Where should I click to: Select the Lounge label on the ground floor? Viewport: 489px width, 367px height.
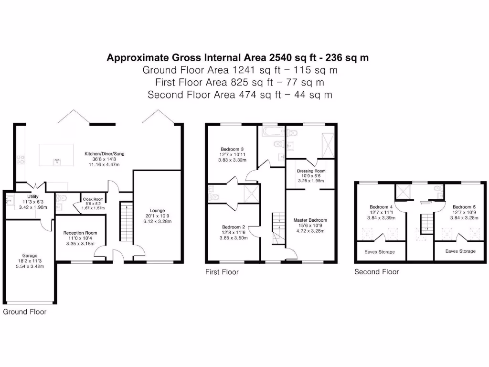[x=157, y=210]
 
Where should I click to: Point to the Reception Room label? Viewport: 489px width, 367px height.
[x=80, y=233]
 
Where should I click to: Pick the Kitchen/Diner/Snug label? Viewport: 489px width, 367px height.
[x=105, y=153]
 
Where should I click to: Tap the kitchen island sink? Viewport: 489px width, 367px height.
[x=57, y=161]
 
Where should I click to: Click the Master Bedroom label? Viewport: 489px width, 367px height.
[x=310, y=220]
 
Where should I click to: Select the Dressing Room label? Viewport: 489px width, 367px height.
[x=311, y=171]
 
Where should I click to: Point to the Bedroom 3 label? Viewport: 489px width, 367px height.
[x=233, y=149]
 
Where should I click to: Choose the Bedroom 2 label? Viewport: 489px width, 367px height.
[x=233, y=227]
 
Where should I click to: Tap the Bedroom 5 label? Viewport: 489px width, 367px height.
[x=461, y=207]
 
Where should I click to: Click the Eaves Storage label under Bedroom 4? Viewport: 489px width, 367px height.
[x=380, y=251]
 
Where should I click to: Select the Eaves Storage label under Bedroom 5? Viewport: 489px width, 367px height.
[x=460, y=251]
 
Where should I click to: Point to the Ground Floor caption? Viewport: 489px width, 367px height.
[x=25, y=312]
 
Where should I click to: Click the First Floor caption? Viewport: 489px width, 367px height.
[x=222, y=272]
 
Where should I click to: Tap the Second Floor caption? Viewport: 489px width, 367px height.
[x=376, y=272]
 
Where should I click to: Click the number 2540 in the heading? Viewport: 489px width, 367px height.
[x=283, y=58]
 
